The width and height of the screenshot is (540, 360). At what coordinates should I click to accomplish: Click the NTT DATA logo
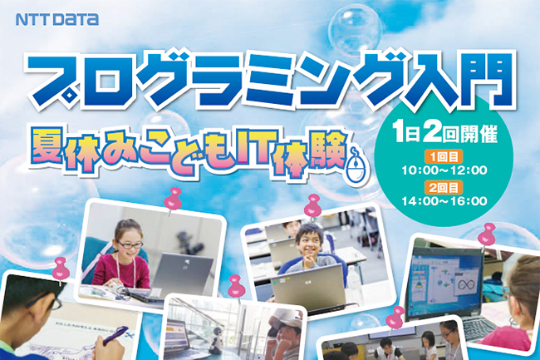tap(57, 19)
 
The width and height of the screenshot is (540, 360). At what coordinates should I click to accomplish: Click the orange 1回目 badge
tap(444, 157)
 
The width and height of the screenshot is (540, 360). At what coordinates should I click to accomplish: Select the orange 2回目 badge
tap(444, 188)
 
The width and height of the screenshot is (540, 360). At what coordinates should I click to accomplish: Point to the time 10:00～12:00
tap(444, 170)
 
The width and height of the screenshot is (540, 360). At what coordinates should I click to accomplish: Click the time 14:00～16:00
tap(444, 201)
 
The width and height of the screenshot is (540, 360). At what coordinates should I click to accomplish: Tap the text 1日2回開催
tap(445, 134)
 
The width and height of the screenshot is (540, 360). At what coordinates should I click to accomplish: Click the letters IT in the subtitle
tap(252, 147)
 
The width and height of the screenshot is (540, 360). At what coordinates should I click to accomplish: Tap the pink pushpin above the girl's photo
tap(172, 200)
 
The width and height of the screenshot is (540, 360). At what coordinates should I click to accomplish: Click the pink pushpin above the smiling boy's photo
tap(312, 205)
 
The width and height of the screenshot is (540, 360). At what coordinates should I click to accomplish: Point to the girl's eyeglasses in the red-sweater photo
tap(130, 245)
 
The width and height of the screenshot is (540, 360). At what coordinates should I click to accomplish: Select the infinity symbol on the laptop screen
tap(465, 285)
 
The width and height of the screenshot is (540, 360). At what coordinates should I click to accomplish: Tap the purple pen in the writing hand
tap(115, 335)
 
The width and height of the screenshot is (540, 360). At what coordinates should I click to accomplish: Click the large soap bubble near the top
tap(355, 31)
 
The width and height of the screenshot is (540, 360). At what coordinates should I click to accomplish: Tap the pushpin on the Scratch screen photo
tap(486, 235)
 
